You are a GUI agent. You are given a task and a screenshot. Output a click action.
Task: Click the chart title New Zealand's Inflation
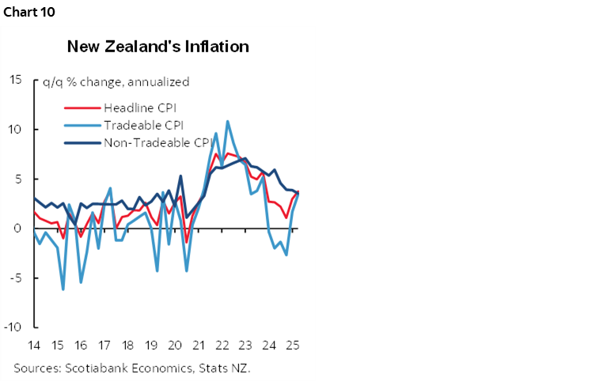(158, 47)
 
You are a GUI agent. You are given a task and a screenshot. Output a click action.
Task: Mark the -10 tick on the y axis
(13, 327)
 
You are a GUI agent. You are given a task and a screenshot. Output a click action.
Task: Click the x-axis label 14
(34, 346)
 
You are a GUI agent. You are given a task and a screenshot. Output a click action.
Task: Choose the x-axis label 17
(103, 346)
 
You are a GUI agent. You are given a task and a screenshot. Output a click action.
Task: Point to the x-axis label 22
(222, 346)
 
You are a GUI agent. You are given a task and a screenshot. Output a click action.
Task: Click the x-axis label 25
(291, 346)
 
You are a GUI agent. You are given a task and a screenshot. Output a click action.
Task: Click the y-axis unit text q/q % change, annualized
(116, 81)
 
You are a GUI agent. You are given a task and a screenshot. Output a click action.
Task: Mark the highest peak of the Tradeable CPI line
(228, 121)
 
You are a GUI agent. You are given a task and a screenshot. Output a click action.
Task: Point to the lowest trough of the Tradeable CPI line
(63, 289)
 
